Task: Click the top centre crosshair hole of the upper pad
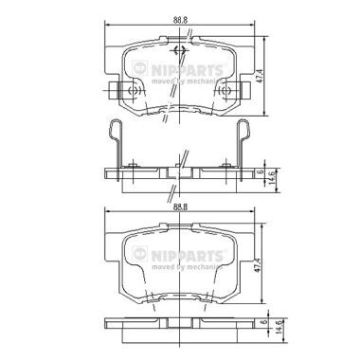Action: (180, 50)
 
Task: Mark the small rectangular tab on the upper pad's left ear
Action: (114, 92)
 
